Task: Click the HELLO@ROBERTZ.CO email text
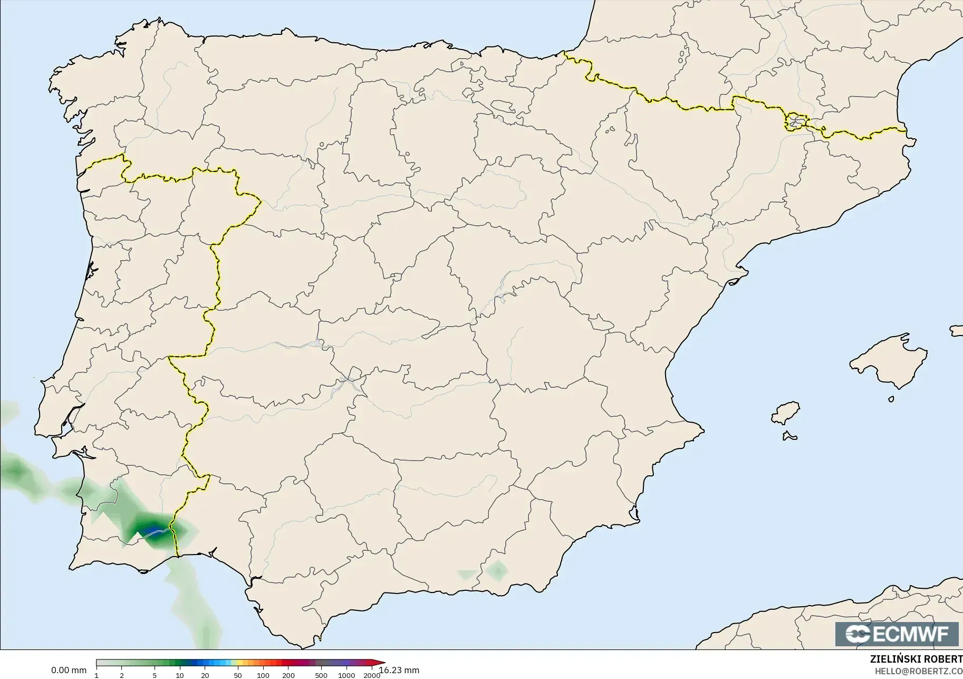click(919, 671)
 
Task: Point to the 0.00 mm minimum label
click(69, 671)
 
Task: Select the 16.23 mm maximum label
click(399, 671)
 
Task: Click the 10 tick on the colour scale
click(180, 675)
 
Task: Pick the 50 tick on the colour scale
click(238, 675)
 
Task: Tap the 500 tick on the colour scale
click(321, 675)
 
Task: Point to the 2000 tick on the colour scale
click(372, 675)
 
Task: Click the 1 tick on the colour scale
click(97, 675)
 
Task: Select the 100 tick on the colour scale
click(263, 675)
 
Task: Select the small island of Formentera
click(789, 436)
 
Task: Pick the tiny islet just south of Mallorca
click(891, 399)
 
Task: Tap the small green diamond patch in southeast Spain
click(497, 570)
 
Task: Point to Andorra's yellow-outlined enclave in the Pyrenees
click(796, 122)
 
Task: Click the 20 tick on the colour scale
click(205, 675)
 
